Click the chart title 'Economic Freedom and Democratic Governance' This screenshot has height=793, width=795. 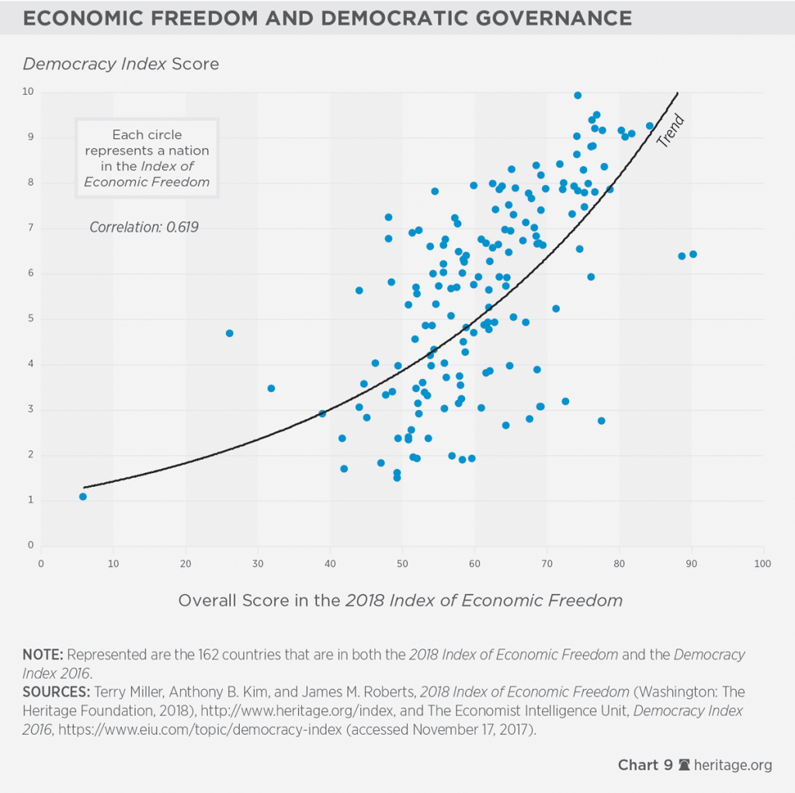coord(327,17)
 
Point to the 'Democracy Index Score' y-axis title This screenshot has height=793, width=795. coord(120,64)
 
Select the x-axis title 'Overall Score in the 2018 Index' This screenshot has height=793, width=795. coord(400,600)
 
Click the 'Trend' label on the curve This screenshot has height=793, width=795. coord(670,131)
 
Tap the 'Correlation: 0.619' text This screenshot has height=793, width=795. coord(144,228)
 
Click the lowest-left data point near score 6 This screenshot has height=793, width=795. coord(83,496)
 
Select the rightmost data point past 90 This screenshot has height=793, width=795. coord(693,254)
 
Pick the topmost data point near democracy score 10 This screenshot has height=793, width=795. coord(578,96)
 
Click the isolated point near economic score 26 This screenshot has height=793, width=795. coord(229,333)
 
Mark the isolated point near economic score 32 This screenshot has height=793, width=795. coord(271,388)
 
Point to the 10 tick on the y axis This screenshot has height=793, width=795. coord(29,92)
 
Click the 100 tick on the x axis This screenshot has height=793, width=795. coord(763,563)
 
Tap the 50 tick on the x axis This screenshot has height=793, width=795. coord(402,563)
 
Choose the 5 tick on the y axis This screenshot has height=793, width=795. coord(31,318)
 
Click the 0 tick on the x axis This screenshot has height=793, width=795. coord(41,563)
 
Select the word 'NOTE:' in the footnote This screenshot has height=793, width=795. coord(44,655)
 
